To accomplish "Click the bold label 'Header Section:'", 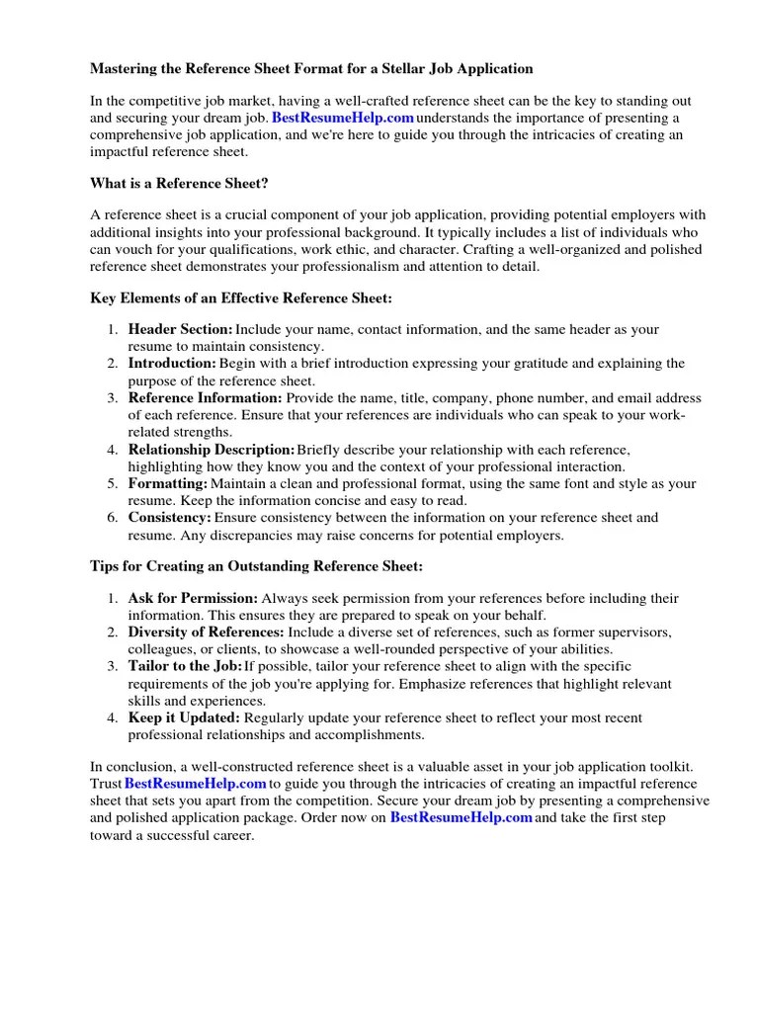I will [x=181, y=329].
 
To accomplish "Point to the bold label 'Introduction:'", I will [x=172, y=364].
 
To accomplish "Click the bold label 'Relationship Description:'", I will [x=211, y=450].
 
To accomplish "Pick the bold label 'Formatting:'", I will [x=168, y=484].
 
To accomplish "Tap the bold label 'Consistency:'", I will [x=170, y=518].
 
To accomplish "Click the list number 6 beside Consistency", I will [x=114, y=518].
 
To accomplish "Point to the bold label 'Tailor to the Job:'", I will [x=185, y=667].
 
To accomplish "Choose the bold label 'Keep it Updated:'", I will [x=184, y=718].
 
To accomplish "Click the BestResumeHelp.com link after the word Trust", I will [x=196, y=785].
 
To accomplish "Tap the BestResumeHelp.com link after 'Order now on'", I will [x=462, y=818].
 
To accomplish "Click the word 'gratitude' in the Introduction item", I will [x=514, y=364].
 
